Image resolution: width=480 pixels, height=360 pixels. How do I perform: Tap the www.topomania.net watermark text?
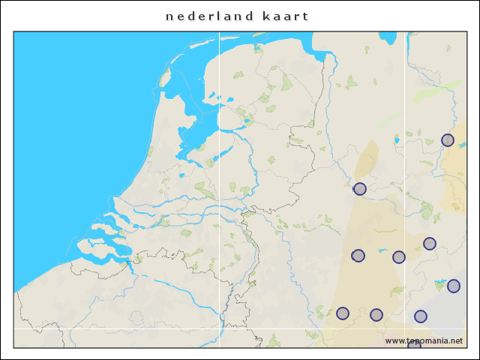click(424, 340)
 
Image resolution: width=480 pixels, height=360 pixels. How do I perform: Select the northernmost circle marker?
click(448, 140)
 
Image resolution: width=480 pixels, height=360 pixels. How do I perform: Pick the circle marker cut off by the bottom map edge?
click(414, 345)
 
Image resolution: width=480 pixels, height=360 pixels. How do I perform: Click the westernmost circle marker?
click(343, 313)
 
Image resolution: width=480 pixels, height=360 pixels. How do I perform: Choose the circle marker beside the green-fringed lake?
click(453, 286)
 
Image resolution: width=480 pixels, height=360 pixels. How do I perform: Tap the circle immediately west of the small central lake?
click(358, 256)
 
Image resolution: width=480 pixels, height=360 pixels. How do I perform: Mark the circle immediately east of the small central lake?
click(399, 257)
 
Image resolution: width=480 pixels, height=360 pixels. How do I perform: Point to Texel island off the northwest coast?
click(165, 76)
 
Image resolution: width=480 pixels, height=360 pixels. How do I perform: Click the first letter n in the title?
click(169, 16)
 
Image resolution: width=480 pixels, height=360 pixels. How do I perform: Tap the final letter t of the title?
click(306, 16)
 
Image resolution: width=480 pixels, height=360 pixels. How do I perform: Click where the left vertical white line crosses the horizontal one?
click(219, 328)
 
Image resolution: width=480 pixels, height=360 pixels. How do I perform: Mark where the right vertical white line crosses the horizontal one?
click(406, 328)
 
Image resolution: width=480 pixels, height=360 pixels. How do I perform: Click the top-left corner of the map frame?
click(13, 31)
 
